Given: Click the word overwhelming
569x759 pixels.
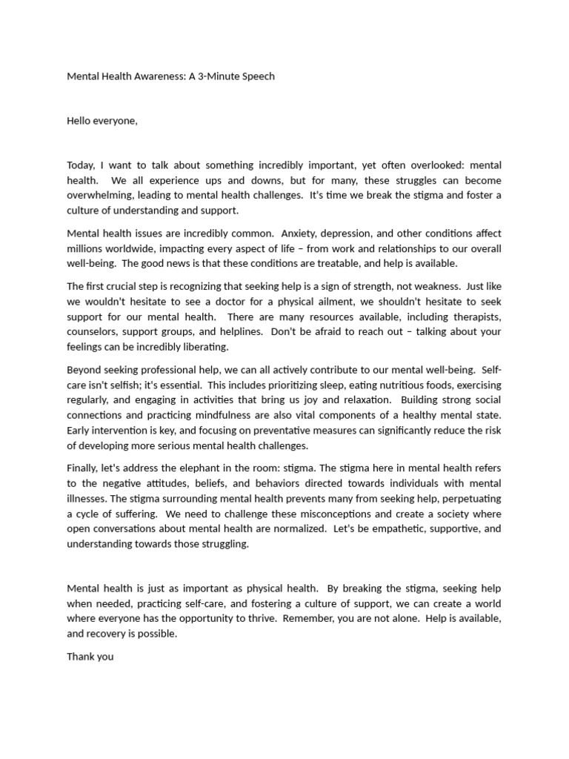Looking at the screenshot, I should (x=102, y=195).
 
